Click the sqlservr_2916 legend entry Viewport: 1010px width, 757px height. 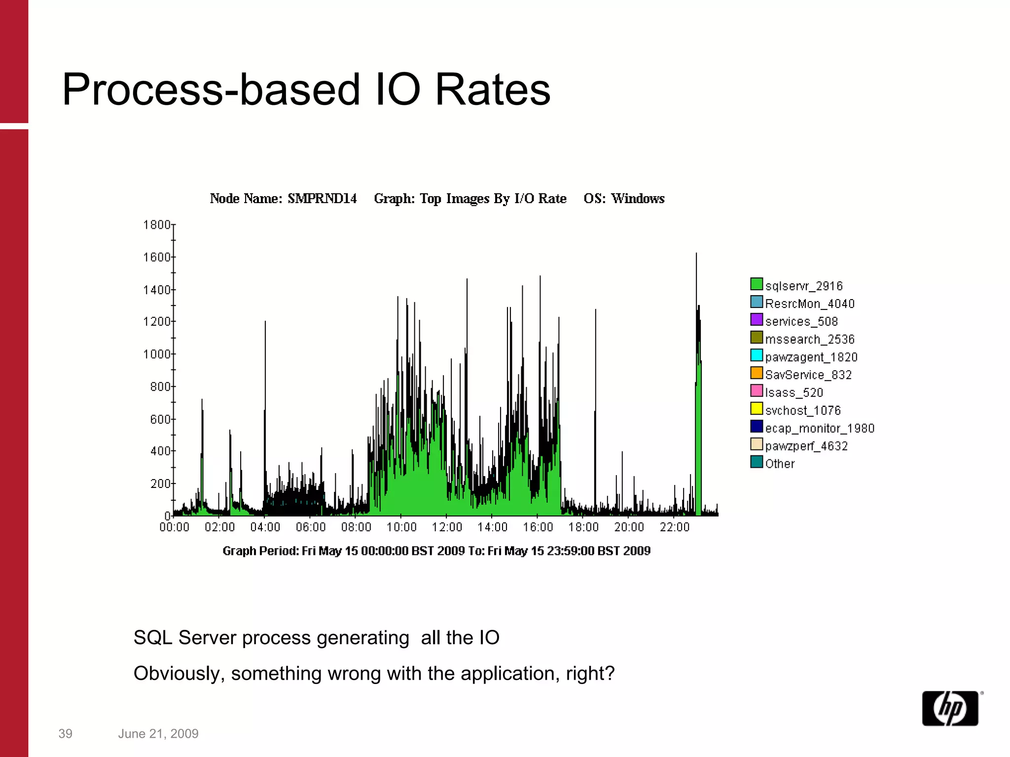(x=803, y=286)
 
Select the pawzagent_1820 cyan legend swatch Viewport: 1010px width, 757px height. (x=757, y=355)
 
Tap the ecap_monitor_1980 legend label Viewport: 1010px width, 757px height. (x=819, y=428)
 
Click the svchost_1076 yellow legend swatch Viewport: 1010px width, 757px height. (x=757, y=409)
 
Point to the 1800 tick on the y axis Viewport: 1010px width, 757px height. (x=157, y=225)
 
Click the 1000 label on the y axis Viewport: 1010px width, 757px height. (x=157, y=354)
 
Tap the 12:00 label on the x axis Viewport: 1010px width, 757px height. (x=447, y=527)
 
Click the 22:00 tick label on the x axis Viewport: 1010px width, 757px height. (x=674, y=527)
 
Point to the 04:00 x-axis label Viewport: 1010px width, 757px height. (x=265, y=527)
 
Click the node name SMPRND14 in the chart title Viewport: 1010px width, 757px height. (x=322, y=199)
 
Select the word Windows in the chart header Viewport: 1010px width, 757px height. (x=638, y=199)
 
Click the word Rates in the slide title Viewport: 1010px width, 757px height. (x=492, y=90)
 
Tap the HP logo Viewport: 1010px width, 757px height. (x=950, y=708)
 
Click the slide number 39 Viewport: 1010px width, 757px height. (x=65, y=734)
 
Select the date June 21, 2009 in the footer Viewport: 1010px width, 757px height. (x=158, y=734)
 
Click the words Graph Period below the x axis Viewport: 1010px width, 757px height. (x=260, y=551)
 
